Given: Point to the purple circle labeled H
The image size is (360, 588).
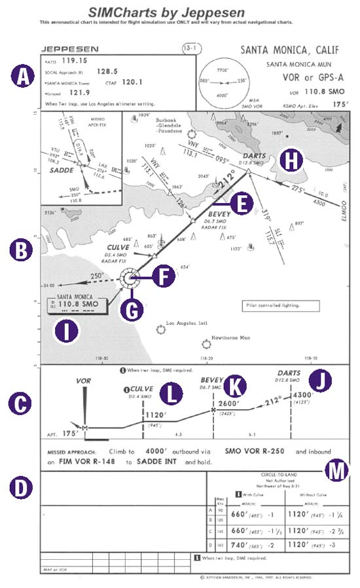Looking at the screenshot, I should [289, 158].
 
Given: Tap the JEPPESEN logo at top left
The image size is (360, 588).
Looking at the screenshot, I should [70, 48].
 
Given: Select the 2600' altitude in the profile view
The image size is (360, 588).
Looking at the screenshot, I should [230, 404].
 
